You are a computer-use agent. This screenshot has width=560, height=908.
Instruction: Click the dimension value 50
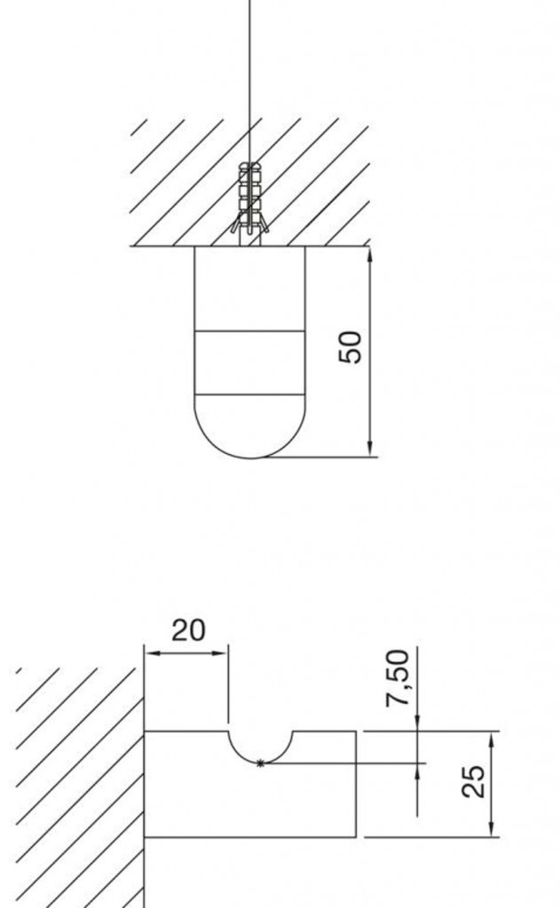tap(350, 347)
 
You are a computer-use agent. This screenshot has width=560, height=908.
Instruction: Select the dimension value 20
tap(188, 630)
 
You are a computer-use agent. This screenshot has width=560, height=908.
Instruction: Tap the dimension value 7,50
tap(398, 678)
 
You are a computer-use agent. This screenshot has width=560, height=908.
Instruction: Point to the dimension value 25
tap(474, 781)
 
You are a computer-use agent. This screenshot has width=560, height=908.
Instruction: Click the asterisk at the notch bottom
tap(260, 763)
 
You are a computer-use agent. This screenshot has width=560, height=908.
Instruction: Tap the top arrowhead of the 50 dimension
tap(370, 255)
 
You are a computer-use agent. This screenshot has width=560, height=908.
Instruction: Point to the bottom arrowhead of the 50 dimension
tap(370, 447)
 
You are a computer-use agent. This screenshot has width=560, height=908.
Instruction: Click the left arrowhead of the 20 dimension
tap(153, 654)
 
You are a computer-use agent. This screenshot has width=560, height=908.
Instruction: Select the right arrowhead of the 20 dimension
tap(219, 654)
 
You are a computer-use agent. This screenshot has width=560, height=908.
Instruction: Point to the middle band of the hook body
tap(249, 363)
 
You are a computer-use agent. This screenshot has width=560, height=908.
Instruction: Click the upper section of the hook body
tap(249, 288)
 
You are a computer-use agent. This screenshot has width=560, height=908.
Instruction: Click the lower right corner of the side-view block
tap(355, 837)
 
